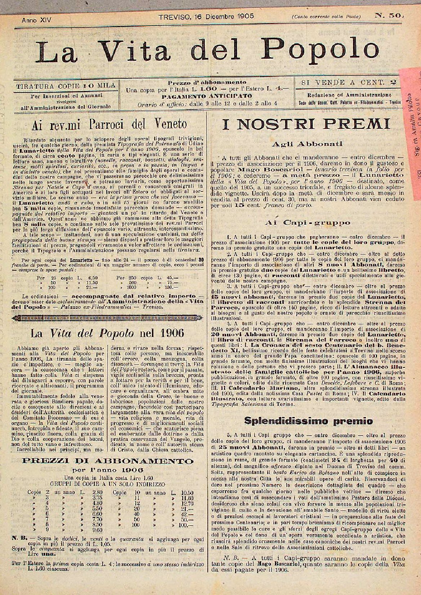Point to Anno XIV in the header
[x=36, y=21]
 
